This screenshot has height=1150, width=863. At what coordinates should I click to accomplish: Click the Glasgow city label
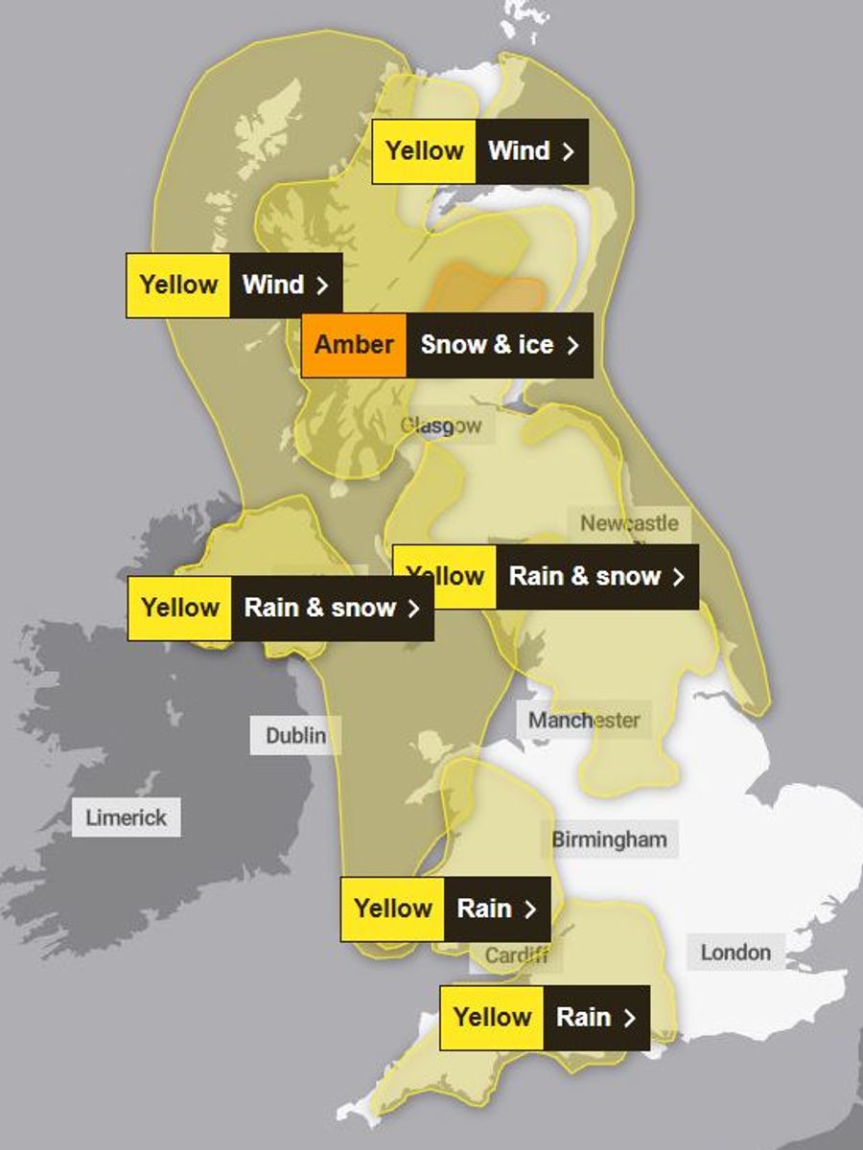click(441, 425)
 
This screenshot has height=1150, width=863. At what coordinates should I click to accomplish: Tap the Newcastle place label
click(629, 523)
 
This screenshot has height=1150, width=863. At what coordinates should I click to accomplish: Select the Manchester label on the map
click(584, 720)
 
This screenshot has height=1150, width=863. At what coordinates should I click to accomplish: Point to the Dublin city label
click(295, 736)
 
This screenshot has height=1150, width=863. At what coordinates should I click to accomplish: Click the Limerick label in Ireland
click(126, 817)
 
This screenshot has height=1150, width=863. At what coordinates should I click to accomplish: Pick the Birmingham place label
click(609, 839)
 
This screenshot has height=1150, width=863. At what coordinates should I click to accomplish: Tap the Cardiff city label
click(516, 955)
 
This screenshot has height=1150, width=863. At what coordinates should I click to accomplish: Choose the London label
click(735, 952)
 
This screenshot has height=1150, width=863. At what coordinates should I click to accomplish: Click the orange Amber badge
click(354, 345)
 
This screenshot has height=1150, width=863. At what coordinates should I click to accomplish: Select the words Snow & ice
click(486, 345)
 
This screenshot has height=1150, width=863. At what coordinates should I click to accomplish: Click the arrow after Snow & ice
click(572, 346)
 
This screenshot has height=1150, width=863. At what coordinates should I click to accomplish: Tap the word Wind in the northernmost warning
click(519, 150)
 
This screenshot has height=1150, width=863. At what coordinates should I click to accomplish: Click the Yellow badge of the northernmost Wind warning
click(424, 150)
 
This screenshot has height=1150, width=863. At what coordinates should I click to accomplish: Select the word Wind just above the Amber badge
click(272, 285)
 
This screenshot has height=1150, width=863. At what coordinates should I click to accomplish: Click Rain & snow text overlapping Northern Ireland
click(320, 608)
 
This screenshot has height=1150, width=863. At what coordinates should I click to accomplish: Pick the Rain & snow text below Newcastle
click(584, 576)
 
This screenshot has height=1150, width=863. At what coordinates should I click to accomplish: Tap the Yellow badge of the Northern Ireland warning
click(180, 608)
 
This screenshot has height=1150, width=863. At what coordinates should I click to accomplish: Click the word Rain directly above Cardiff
click(484, 908)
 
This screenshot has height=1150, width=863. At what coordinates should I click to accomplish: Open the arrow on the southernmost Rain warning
click(629, 1018)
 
